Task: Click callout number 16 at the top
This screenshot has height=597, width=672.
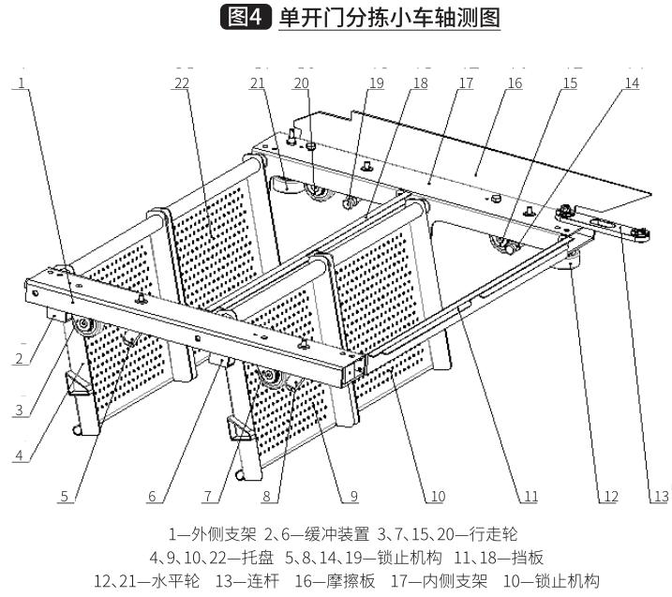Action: pyautogui.click(x=514, y=83)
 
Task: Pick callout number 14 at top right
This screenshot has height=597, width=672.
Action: pyautogui.click(x=632, y=83)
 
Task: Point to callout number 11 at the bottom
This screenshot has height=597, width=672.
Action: pyautogui.click(x=530, y=498)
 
